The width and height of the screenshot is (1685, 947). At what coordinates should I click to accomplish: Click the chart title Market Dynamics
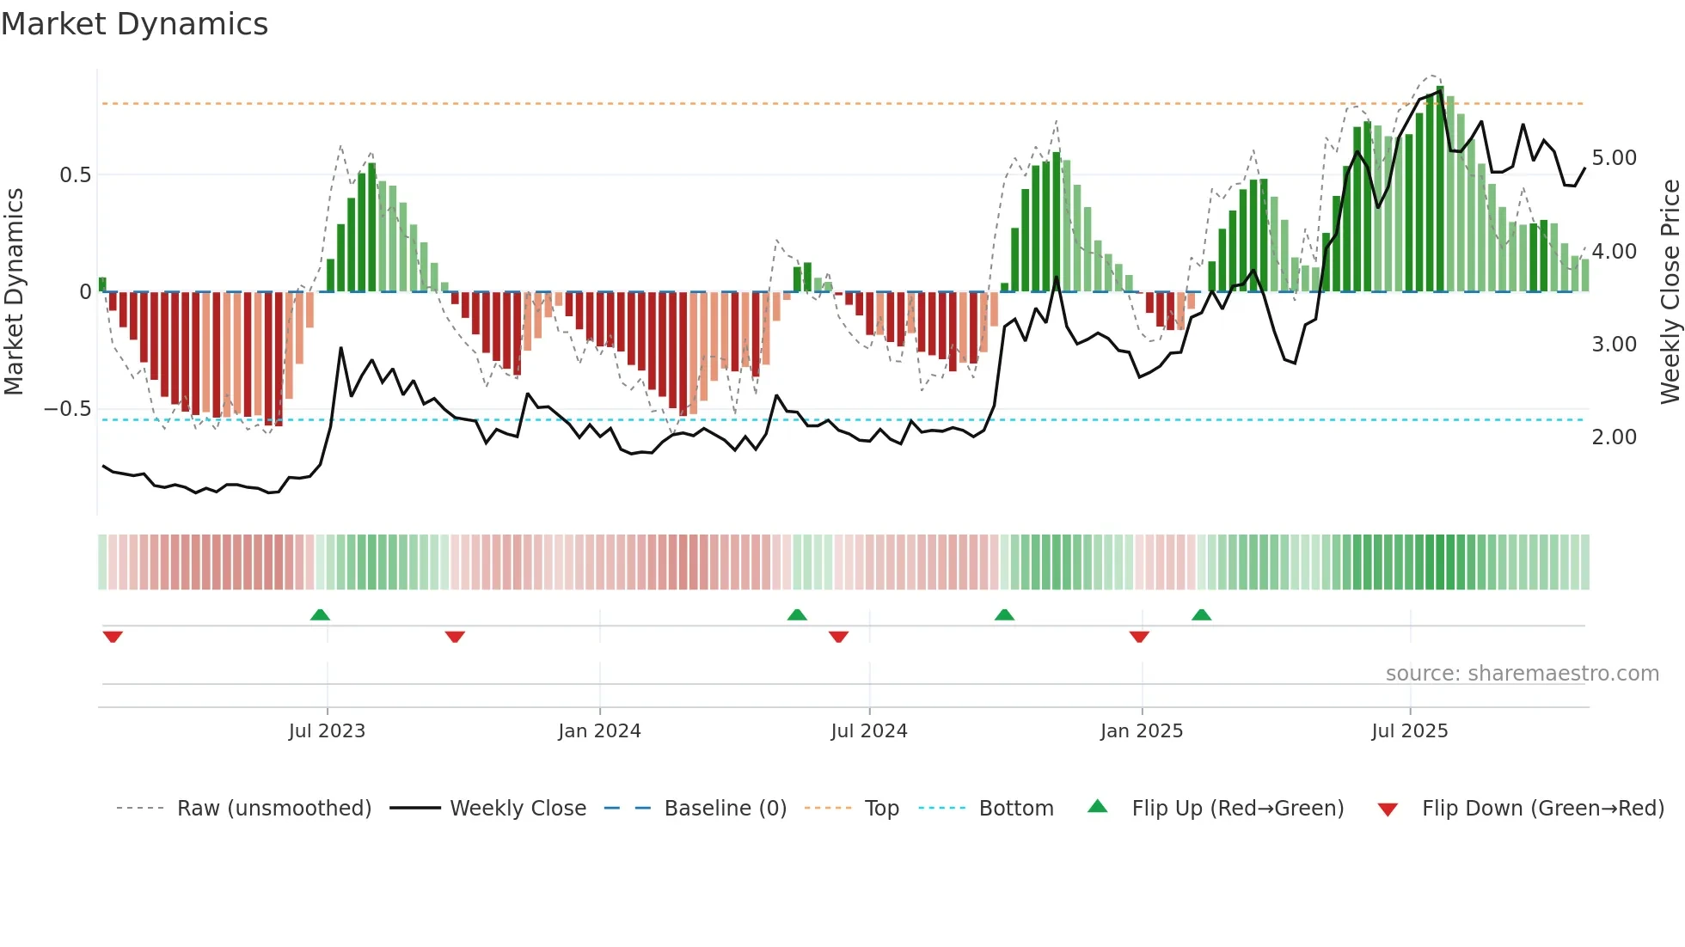click(134, 24)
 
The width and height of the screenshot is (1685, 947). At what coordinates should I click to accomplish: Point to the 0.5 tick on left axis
click(75, 175)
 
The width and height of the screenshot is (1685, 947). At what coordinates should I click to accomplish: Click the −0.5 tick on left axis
click(68, 409)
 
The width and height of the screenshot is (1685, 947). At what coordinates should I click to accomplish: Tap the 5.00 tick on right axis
click(1614, 158)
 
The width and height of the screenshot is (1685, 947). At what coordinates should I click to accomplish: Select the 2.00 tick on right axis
click(1614, 437)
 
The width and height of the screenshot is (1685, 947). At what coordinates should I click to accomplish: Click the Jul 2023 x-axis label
click(327, 731)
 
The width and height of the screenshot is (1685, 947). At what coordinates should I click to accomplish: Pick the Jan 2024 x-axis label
click(599, 731)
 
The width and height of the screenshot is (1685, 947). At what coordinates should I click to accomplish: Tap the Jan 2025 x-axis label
click(1141, 731)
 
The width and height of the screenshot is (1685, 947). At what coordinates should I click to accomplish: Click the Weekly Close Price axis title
click(1670, 291)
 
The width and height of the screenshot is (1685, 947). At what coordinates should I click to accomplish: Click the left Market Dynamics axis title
click(14, 291)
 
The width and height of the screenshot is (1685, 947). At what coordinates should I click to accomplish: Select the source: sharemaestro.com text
click(1522, 674)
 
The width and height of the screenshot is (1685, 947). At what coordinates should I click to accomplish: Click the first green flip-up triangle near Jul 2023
click(320, 615)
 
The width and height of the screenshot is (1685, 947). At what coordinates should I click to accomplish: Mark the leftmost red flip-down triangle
click(113, 637)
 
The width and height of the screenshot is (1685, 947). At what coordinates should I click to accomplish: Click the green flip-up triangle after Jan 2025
click(1201, 615)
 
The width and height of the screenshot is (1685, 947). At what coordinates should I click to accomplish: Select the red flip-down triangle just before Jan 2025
click(1139, 637)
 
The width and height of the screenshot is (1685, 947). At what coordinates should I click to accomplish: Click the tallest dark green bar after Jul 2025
click(1440, 189)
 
